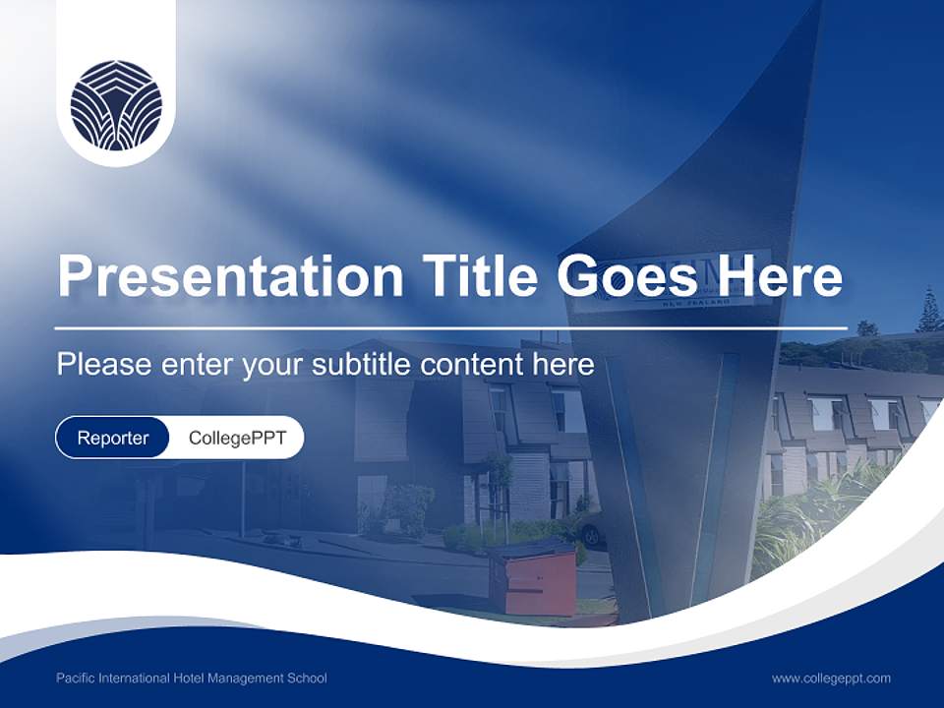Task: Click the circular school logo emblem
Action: point(116,105)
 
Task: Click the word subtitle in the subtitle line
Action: point(365,365)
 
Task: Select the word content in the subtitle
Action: point(474,365)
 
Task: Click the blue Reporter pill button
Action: point(113,438)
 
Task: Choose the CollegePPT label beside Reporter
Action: point(237,438)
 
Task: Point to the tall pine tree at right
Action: point(927,312)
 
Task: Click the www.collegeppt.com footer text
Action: point(831,678)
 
